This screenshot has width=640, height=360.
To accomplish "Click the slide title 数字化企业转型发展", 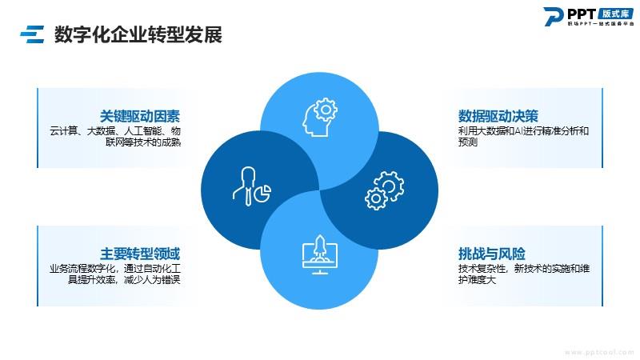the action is click(x=138, y=34).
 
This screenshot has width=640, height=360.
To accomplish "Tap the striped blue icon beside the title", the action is click(x=32, y=34).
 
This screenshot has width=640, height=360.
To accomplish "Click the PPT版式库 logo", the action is click(x=589, y=16).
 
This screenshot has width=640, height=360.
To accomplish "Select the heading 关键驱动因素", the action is click(x=140, y=116).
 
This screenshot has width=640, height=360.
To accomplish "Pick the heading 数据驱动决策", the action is click(x=498, y=116).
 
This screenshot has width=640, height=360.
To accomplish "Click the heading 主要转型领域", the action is click(x=140, y=254).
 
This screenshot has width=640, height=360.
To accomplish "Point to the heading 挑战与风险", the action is click(x=491, y=254).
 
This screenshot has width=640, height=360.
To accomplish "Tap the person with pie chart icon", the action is click(x=252, y=186).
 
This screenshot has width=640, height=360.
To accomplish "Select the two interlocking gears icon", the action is click(x=385, y=190).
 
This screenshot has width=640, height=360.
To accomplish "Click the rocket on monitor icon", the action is click(x=320, y=254).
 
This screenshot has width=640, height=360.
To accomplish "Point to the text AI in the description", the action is click(x=526, y=131).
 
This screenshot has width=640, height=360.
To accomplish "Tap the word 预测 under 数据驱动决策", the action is click(x=468, y=142).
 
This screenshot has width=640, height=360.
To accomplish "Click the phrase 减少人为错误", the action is click(x=152, y=279).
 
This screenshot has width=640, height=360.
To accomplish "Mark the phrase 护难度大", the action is click(x=477, y=279).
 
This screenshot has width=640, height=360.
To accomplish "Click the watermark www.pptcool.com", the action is click(x=599, y=352).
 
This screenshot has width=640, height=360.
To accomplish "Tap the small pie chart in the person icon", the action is click(x=263, y=193).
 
